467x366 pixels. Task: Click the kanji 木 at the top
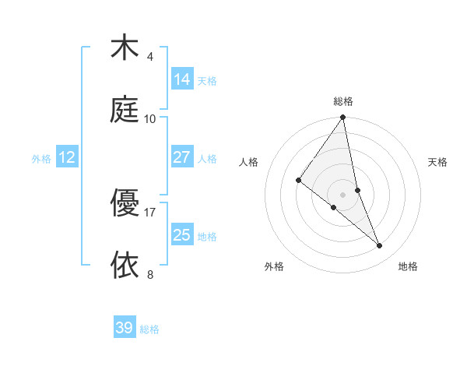pyautogui.click(x=125, y=48)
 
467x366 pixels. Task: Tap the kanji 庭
pyautogui.click(x=125, y=110)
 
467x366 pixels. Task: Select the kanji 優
pyautogui.click(x=125, y=203)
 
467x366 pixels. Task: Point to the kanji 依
pyautogui.click(x=125, y=265)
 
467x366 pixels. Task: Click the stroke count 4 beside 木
pyautogui.click(x=150, y=56)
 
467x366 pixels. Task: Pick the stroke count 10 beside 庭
pyautogui.click(x=150, y=118)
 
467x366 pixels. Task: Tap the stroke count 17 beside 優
pyautogui.click(x=150, y=212)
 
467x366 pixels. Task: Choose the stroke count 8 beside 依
pyautogui.click(x=150, y=274)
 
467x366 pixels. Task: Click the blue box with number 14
pyautogui.click(x=181, y=79)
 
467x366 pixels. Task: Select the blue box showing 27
pyautogui.click(x=181, y=157)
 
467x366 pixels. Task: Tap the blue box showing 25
pyautogui.click(x=181, y=234)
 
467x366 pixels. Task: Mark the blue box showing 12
pyautogui.click(x=67, y=157)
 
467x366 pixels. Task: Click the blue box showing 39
pyautogui.click(x=125, y=328)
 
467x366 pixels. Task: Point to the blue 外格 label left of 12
pyautogui.click(x=41, y=159)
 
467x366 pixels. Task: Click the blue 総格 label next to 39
pyautogui.click(x=149, y=329)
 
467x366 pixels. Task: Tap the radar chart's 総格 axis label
pyautogui.click(x=342, y=101)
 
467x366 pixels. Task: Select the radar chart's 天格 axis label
pyautogui.click(x=438, y=162)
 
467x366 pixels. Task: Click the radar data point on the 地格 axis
pyautogui.click(x=380, y=245)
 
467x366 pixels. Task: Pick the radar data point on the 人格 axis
pyautogui.click(x=298, y=180)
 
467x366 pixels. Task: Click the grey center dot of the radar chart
pyautogui.click(x=342, y=194)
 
